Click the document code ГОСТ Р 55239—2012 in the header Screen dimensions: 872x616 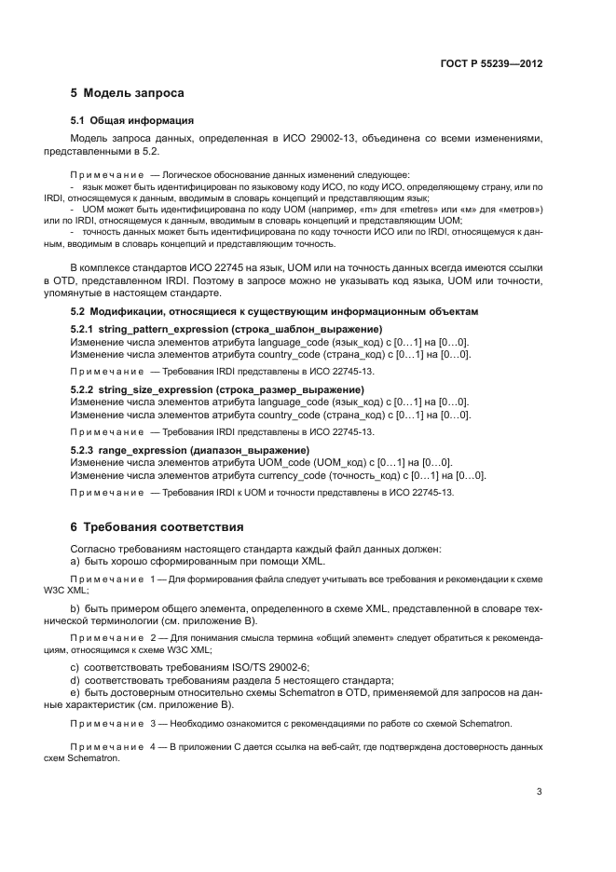(491, 64)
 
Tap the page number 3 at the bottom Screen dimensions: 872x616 (539, 793)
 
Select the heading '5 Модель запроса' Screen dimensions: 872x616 (128, 93)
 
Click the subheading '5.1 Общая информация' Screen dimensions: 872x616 (132, 120)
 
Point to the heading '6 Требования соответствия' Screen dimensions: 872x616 (157, 526)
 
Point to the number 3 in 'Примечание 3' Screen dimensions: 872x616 (153, 724)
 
